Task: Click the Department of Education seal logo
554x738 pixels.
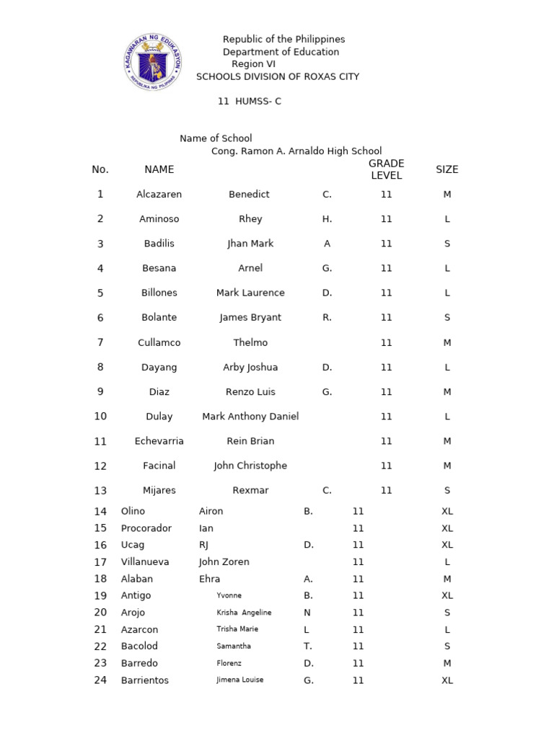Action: [152, 62]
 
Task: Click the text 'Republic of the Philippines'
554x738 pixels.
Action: [283, 40]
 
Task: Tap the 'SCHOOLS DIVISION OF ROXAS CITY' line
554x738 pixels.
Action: [278, 77]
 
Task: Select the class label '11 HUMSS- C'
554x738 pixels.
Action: [250, 102]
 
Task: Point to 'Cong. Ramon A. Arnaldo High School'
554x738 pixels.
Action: [296, 151]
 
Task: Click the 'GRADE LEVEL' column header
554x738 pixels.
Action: [386, 169]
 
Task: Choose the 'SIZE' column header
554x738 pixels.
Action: [447, 169]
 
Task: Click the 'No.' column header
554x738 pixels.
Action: [100, 169]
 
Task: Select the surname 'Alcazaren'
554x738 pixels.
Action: [159, 195]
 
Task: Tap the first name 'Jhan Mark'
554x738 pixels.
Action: [250, 244]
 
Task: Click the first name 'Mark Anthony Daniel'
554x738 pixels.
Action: [250, 417]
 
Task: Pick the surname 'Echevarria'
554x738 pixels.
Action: [159, 441]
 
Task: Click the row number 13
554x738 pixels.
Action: [100, 491]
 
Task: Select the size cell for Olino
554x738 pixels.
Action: [447, 511]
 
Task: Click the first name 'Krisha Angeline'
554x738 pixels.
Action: [244, 613]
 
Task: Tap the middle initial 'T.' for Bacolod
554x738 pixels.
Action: [308, 646]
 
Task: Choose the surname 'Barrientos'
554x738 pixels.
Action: [144, 680]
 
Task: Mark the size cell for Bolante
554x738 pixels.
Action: [447, 318]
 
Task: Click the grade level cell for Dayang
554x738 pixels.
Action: [386, 368]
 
